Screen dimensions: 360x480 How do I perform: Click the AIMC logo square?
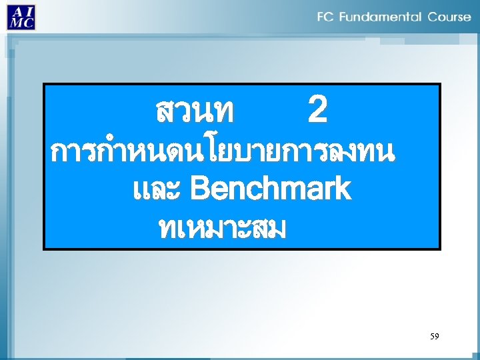coord(21,17)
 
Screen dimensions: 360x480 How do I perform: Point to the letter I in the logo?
coord(27,11)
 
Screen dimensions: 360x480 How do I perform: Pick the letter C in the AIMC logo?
coord(28,22)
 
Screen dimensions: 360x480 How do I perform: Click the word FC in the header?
coord(325,17)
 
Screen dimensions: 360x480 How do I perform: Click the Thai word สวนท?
coord(194,112)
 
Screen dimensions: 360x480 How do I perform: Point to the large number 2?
coord(317,111)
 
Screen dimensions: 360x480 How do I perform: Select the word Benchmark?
coord(270,189)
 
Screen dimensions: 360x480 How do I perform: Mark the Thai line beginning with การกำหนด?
coord(223,153)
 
